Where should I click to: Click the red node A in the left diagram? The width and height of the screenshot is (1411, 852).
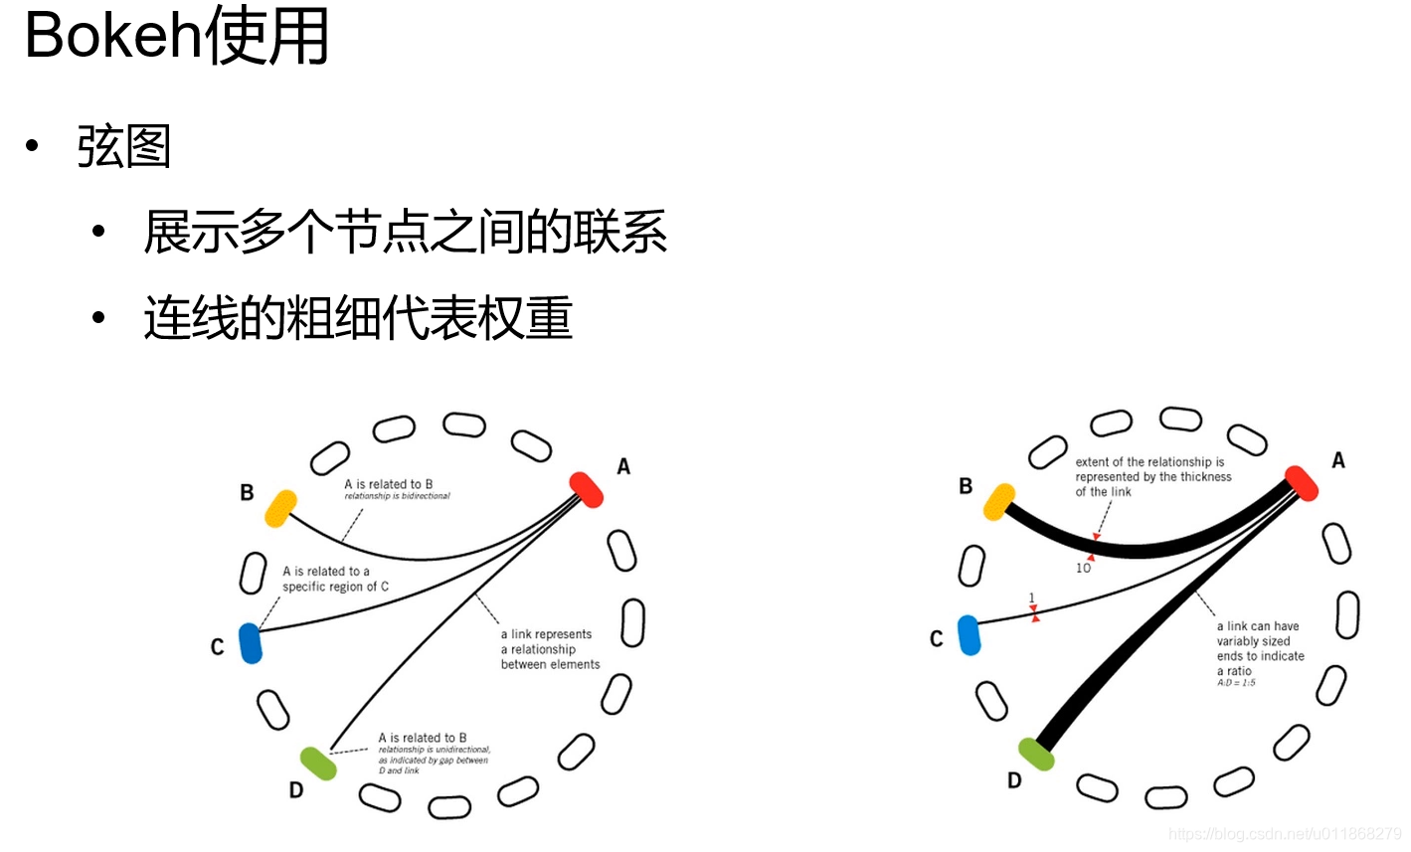click(587, 489)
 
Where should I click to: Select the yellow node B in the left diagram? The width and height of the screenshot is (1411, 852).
click(281, 507)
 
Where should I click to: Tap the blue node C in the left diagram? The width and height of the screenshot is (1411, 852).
click(251, 643)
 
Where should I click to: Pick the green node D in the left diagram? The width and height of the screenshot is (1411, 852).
click(318, 764)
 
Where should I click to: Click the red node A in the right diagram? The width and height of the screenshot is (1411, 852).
click(1301, 483)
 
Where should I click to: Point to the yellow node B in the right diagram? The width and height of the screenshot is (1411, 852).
click(999, 502)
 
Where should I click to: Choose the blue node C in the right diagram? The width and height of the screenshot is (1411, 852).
click(969, 635)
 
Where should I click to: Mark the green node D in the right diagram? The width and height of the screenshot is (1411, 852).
click(1037, 755)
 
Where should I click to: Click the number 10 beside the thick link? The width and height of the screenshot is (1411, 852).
click(1083, 568)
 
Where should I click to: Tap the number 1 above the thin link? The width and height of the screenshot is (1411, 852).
click(1032, 597)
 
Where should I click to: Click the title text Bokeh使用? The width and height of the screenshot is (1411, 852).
click(177, 36)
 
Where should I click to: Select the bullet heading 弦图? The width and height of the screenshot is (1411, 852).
click(124, 147)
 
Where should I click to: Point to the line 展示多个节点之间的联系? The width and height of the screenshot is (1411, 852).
click(405, 233)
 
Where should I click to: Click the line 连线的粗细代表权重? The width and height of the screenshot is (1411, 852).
click(358, 319)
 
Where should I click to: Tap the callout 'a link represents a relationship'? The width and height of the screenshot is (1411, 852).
click(550, 649)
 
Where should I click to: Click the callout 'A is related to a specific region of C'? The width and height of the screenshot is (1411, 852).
click(335, 579)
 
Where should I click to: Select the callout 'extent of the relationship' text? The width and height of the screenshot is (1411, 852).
click(1152, 476)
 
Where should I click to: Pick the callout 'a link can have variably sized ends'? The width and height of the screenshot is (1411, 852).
click(1260, 648)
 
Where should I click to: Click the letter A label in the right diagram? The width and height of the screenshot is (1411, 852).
click(1338, 460)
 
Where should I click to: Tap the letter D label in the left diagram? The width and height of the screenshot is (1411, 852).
click(295, 790)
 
